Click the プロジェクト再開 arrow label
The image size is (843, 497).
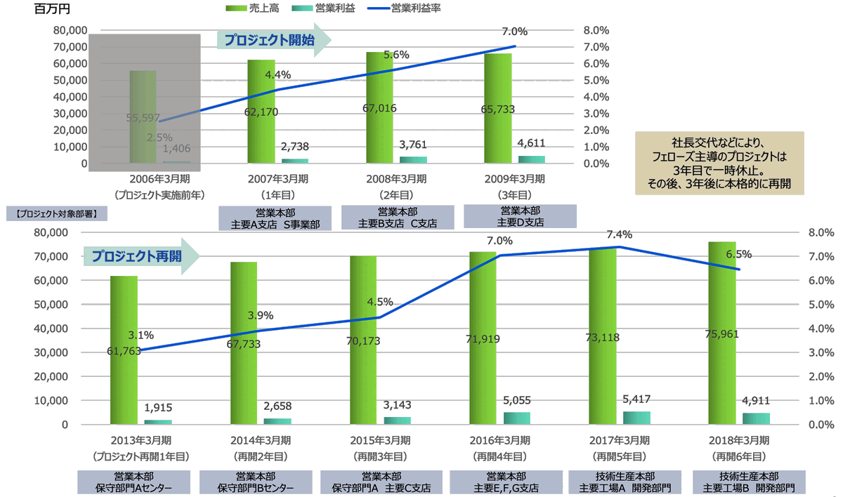coord(137,256)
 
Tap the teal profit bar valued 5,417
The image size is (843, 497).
coord(636,418)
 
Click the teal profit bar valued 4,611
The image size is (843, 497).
coord(532,159)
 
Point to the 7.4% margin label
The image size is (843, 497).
coord(618,234)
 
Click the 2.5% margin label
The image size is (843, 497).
coord(159,138)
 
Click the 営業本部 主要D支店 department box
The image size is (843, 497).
coord(520,216)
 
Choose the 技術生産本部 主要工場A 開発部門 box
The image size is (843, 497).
coord(625,482)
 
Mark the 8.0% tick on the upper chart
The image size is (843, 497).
coord(596,30)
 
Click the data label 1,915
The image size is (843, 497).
coord(158,407)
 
